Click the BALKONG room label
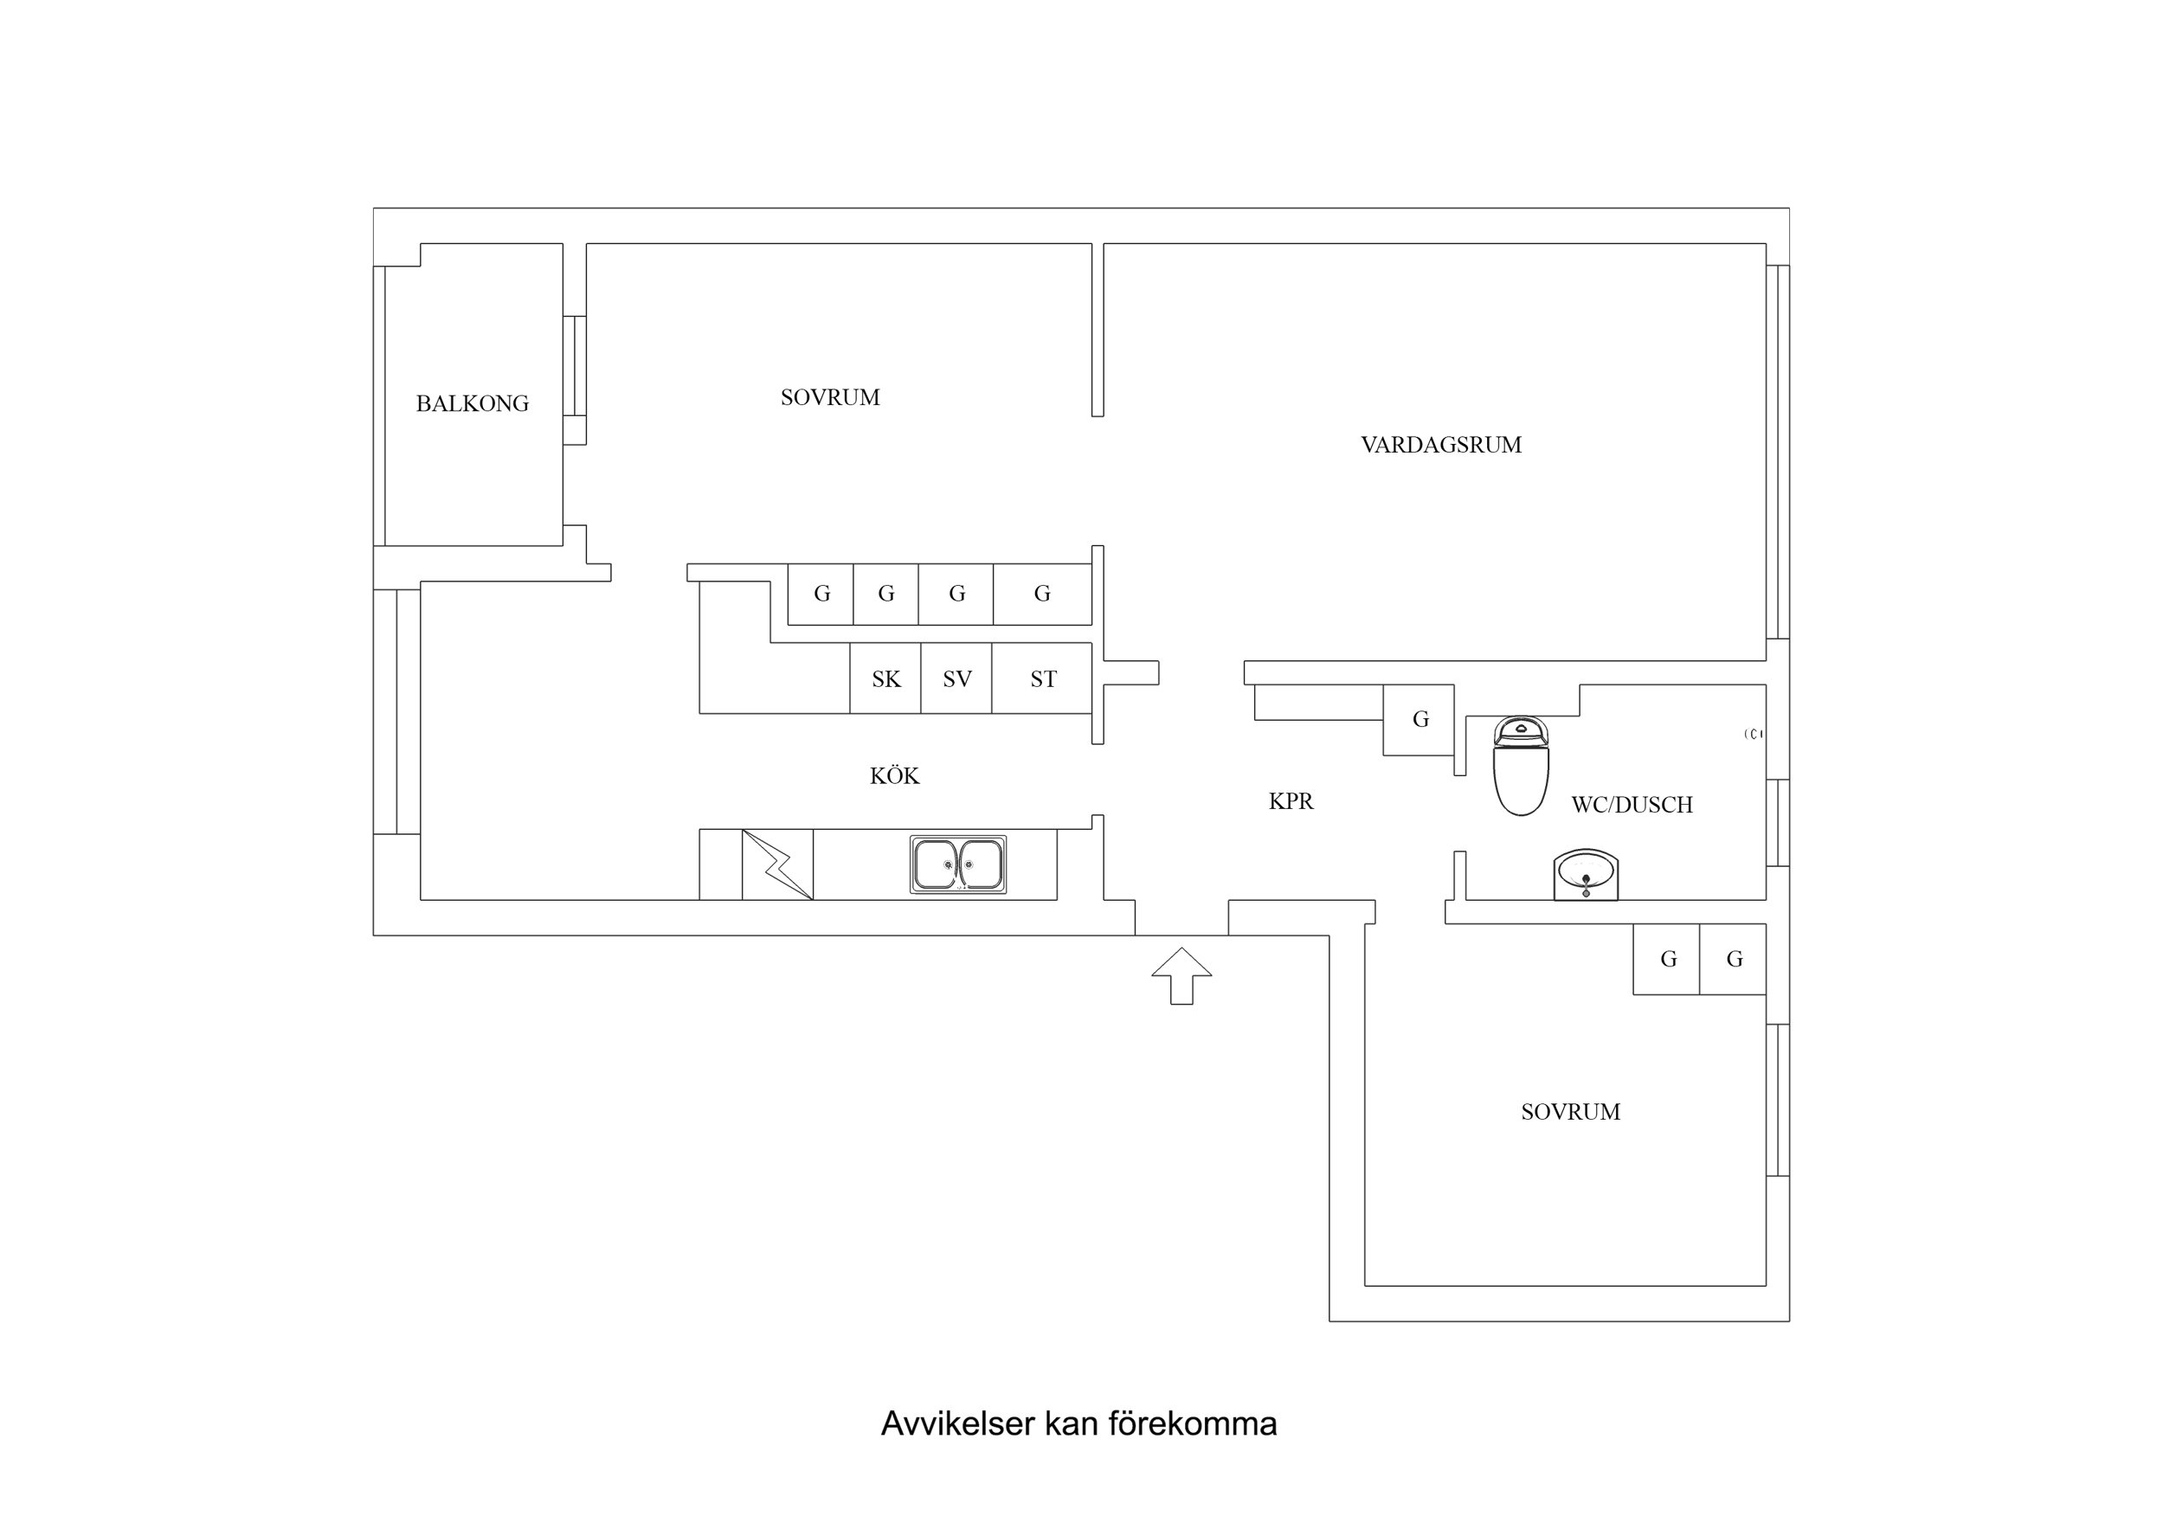point(472,403)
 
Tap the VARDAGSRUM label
point(1440,445)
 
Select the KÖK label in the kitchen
point(894,776)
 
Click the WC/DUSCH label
point(1632,805)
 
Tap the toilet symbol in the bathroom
point(1521,765)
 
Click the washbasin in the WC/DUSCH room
point(1586,874)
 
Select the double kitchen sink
point(958,864)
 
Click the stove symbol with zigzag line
point(777,864)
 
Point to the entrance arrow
point(1181,975)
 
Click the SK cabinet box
point(885,679)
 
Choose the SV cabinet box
point(957,679)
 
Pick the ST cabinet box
point(1043,679)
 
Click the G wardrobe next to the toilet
point(1419,720)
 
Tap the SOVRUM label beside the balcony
point(830,397)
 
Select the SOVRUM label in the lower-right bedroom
point(1570,1112)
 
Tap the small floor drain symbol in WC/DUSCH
point(1752,734)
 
